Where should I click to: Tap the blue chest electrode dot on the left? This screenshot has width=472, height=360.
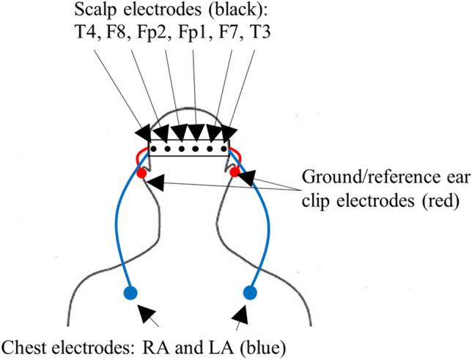pyautogui.click(x=131, y=294)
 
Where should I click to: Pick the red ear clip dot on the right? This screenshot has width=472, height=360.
pyautogui.click(x=235, y=172)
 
